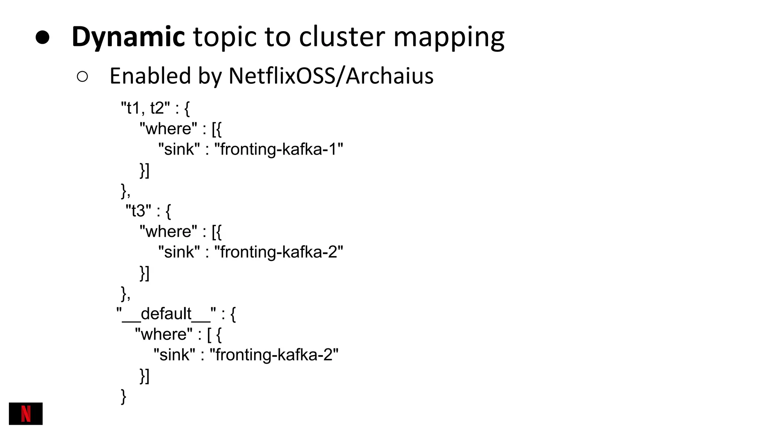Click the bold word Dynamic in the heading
coord(128,37)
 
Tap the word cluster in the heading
coord(342,37)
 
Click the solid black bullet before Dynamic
coord(43,37)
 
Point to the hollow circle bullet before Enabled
coord(82,77)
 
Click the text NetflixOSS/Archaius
coord(331,76)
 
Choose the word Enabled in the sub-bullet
coord(150,76)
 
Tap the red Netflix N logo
coord(26,414)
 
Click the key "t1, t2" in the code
coord(145,108)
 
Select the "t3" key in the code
coord(138,211)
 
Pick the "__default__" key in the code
coord(166,314)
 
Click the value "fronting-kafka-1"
coord(279,149)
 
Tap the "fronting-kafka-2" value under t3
coord(279,252)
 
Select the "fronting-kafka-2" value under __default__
coord(274,355)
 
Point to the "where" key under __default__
coord(164,334)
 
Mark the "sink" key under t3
coord(179,252)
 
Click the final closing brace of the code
coord(124,396)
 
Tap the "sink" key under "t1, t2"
coord(179,149)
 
